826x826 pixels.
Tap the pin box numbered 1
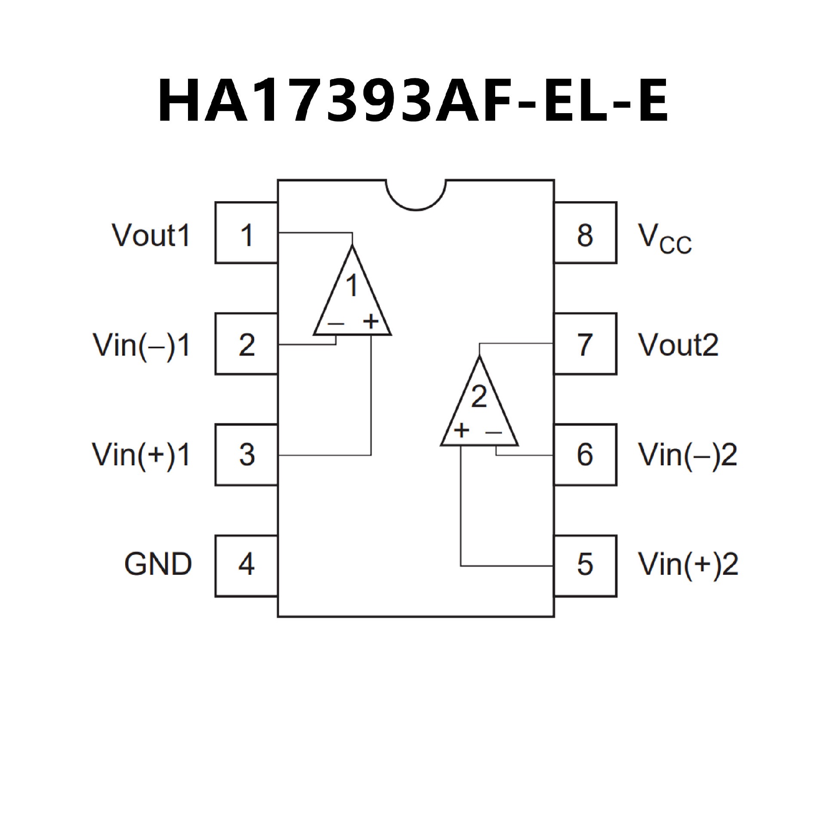point(246,233)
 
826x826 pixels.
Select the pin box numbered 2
point(246,344)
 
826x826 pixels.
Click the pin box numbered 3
point(246,455)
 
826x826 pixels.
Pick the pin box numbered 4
point(246,566)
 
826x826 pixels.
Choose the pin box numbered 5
point(585,566)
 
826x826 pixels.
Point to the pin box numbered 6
point(585,455)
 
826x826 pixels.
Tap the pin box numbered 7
point(585,344)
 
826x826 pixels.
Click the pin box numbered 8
point(585,233)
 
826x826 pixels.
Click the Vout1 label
point(151,235)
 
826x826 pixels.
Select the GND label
point(158,564)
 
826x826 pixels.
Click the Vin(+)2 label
point(688,564)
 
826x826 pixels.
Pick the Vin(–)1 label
point(142,345)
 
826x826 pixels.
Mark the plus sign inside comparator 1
point(370,321)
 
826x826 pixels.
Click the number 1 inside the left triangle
point(352,286)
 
